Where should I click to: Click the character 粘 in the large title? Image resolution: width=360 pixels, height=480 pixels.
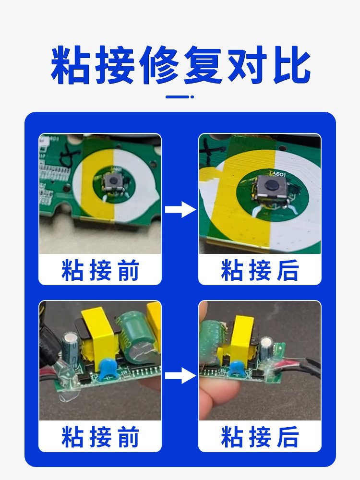(x=72, y=65)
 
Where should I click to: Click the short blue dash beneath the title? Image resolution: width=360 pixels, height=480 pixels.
(x=180, y=97)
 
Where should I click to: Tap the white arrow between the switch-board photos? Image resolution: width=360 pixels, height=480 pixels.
(x=180, y=210)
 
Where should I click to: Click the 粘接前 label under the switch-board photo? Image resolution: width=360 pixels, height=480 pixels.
(x=100, y=270)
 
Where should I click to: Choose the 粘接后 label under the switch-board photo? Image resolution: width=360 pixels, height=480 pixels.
(x=260, y=270)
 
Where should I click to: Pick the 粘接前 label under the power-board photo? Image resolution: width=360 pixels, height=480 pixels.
(x=100, y=437)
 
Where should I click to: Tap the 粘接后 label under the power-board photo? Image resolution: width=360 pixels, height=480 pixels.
(x=260, y=437)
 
